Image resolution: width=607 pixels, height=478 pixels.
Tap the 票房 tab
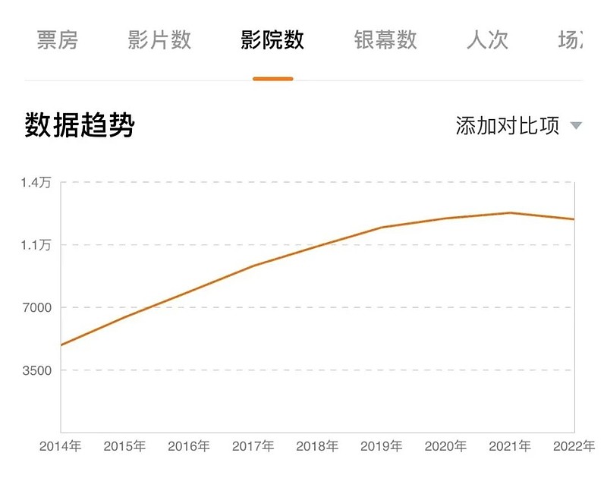tap(58, 40)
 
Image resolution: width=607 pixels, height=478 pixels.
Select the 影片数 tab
tap(159, 40)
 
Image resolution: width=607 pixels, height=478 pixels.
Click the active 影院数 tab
tap(272, 40)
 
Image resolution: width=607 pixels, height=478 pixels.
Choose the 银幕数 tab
tap(385, 40)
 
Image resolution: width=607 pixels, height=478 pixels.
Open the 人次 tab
tap(487, 40)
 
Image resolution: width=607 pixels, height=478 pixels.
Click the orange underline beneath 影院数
tap(273, 78)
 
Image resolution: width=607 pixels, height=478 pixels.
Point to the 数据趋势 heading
tap(80, 125)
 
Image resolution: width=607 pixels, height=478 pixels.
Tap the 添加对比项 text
tap(508, 125)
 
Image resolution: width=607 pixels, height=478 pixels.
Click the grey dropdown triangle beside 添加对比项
tap(576, 126)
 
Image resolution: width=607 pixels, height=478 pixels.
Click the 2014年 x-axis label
tap(60, 446)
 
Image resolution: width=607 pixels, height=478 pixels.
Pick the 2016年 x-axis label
tap(189, 446)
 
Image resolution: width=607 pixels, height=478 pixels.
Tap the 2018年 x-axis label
tap(317, 446)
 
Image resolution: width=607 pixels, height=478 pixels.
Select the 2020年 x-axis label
tap(445, 446)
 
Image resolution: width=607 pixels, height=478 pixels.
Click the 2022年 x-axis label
tap(574, 446)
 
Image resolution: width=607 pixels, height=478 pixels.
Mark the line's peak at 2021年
tap(511, 212)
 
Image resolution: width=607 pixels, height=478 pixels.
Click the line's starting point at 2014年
tap(61, 345)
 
